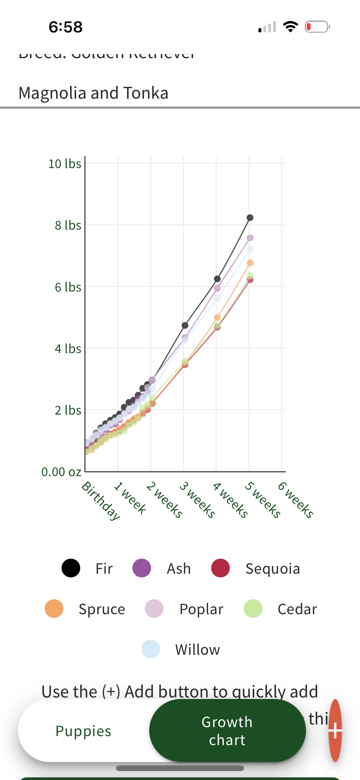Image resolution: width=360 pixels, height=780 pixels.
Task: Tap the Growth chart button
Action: point(227,730)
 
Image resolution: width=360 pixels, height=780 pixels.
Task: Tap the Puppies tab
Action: point(83,731)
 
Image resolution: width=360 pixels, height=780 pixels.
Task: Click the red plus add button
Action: point(335,730)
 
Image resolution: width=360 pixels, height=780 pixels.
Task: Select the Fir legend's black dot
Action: point(71,568)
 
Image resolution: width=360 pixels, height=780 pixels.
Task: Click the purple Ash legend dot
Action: point(142,568)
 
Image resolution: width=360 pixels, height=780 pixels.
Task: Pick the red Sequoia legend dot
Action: point(220,568)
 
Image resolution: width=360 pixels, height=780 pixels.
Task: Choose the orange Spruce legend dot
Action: point(54,609)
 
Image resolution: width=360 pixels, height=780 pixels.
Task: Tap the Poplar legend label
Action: point(201,609)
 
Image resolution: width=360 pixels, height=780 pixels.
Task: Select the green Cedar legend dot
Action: point(253,609)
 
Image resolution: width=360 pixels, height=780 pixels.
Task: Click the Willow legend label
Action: point(198,649)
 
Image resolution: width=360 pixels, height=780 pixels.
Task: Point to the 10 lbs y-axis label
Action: point(64,164)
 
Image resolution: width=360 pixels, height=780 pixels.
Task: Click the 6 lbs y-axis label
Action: point(68,287)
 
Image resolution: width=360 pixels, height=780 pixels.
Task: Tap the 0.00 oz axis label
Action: point(61,472)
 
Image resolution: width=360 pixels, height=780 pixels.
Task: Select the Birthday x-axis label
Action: point(101,501)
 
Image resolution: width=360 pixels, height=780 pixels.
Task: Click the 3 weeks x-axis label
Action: point(197,500)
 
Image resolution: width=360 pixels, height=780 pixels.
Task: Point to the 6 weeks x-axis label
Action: point(295,500)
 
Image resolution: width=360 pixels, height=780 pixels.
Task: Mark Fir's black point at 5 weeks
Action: point(250,218)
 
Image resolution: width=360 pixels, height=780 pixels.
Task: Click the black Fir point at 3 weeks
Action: point(185,325)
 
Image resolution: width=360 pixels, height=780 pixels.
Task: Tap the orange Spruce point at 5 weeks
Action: point(250,263)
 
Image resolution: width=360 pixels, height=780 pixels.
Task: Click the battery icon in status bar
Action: point(317,27)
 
